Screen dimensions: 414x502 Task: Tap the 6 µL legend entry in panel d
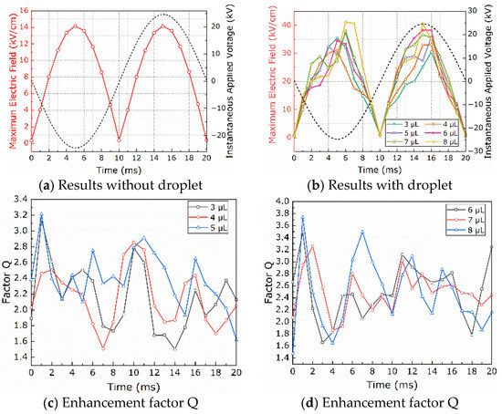point(474,209)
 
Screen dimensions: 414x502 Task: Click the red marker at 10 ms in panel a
point(120,140)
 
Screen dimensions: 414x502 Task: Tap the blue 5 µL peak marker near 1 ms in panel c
point(41,215)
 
